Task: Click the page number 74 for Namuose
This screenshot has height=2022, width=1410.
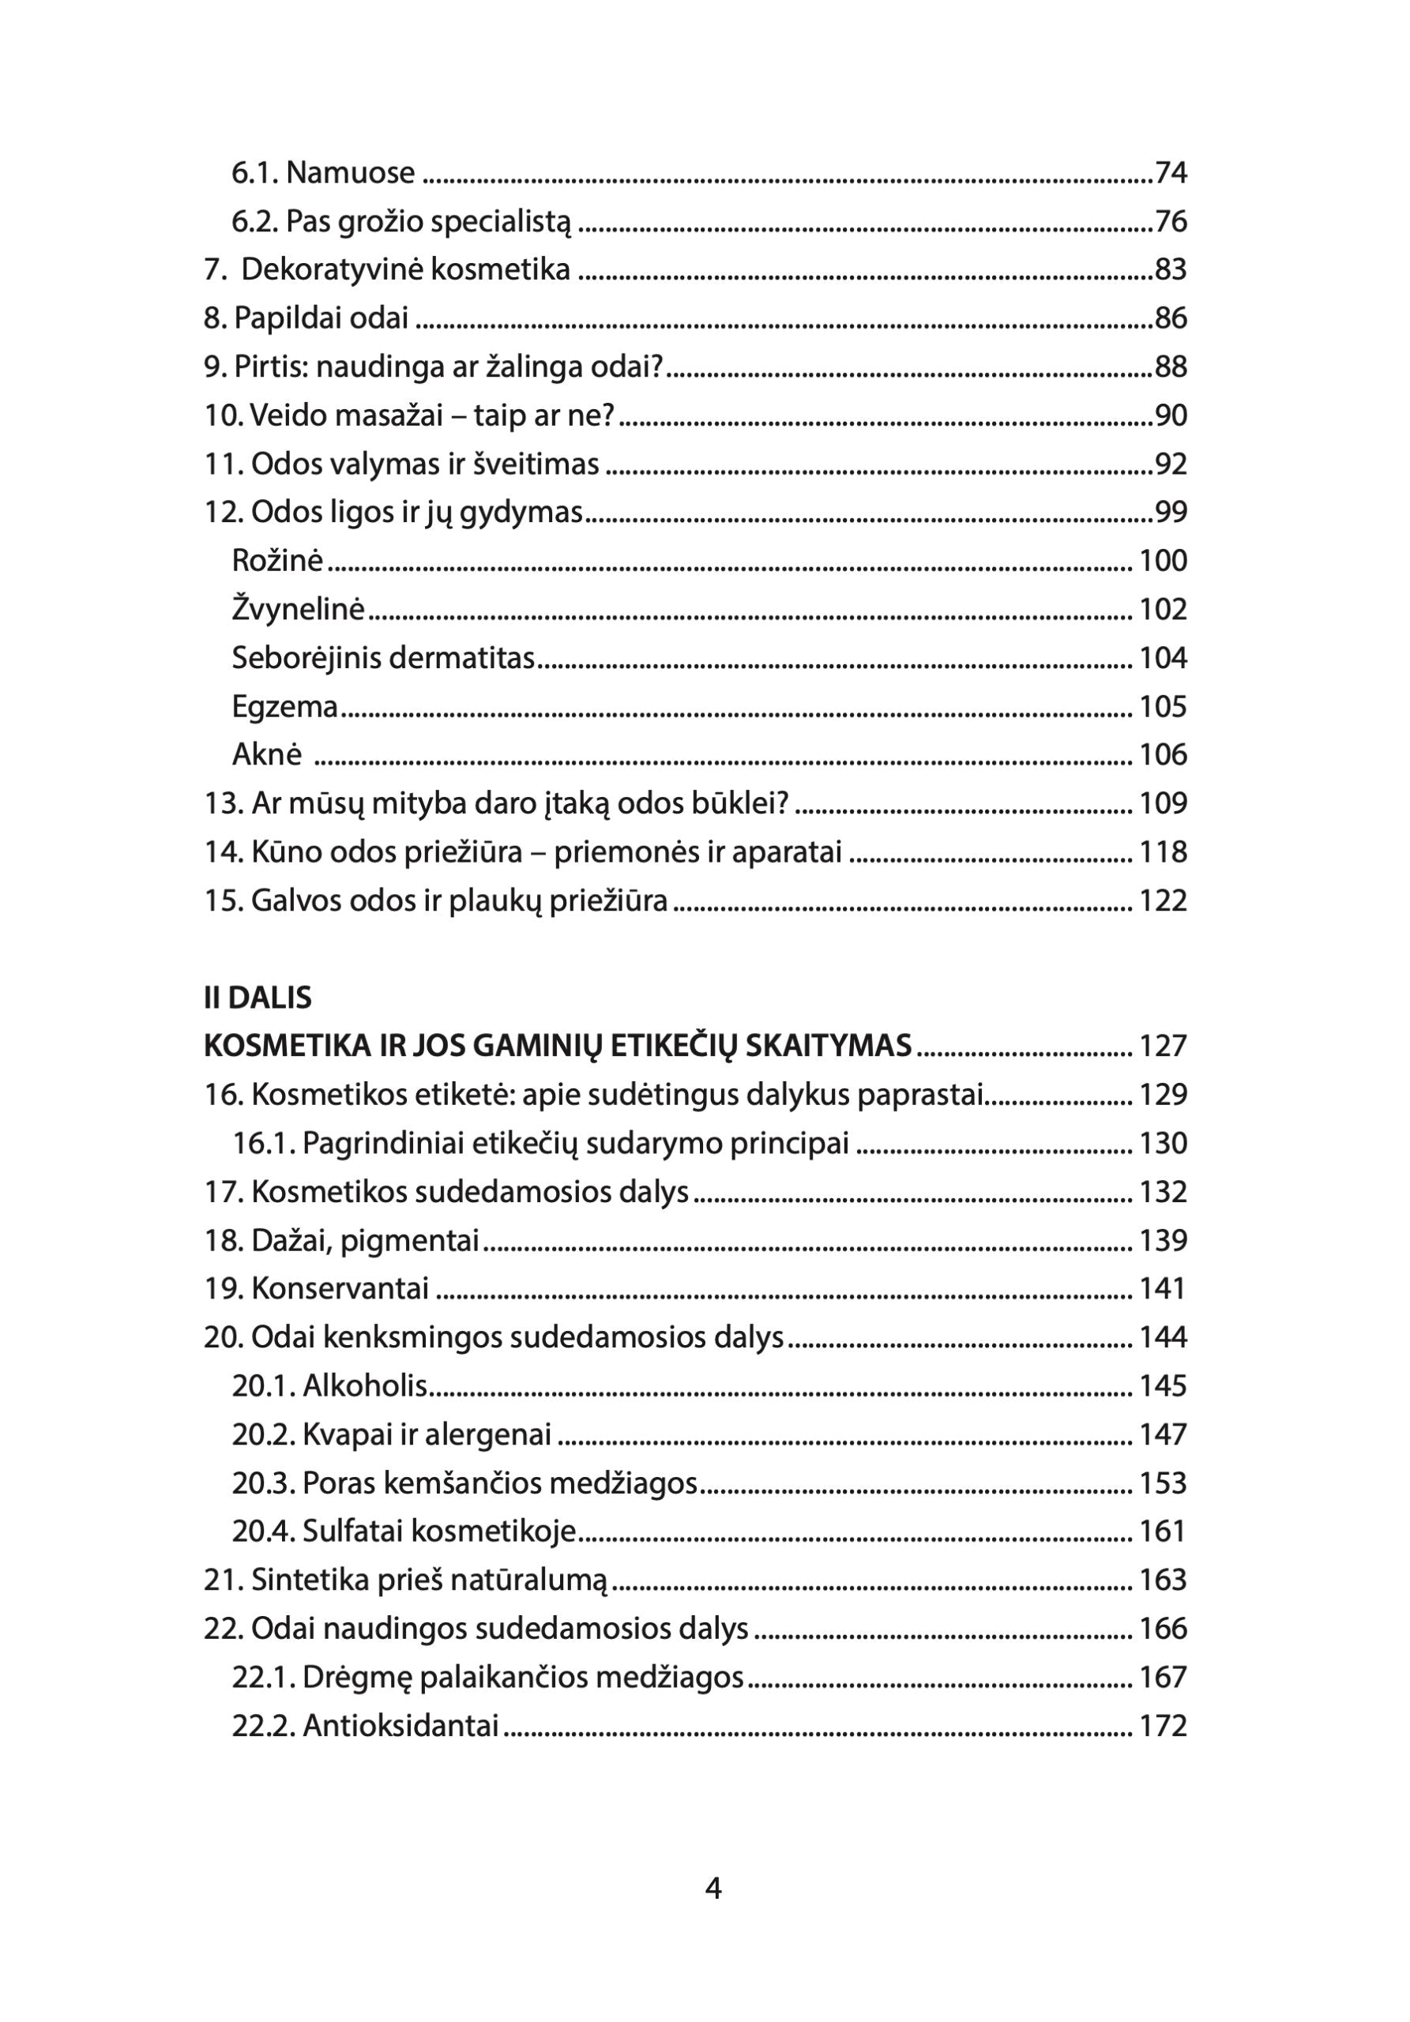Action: tap(1171, 173)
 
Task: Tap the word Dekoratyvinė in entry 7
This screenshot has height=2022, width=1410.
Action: tap(317, 269)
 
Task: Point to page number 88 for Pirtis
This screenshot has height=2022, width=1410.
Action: tap(1171, 366)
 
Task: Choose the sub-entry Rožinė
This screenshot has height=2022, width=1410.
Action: tap(277, 560)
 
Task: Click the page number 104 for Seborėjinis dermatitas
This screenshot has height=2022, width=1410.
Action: tap(1163, 658)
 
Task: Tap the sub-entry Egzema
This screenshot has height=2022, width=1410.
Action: tap(284, 706)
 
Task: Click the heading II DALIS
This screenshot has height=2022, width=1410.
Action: tap(258, 998)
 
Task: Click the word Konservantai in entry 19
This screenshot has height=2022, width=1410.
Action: tap(340, 1288)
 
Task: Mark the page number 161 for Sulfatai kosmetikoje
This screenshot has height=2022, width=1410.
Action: tap(1162, 1531)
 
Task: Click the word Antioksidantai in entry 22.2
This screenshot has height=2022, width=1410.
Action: tap(400, 1725)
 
